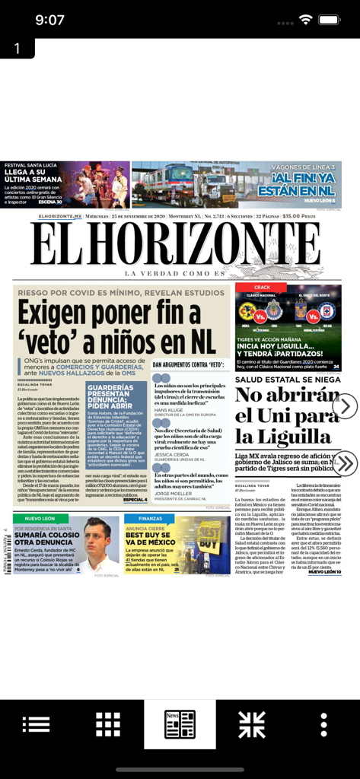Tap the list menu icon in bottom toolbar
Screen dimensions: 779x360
point(36,723)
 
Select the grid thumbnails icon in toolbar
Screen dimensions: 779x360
point(108,723)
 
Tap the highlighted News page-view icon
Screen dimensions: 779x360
point(180,723)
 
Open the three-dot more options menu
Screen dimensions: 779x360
point(324,723)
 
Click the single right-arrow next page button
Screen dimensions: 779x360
point(345,405)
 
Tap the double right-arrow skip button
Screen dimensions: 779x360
point(345,463)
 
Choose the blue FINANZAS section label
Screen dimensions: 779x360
point(150,518)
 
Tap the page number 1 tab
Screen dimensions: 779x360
point(17,48)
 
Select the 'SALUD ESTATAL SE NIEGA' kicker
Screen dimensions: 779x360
point(287,379)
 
